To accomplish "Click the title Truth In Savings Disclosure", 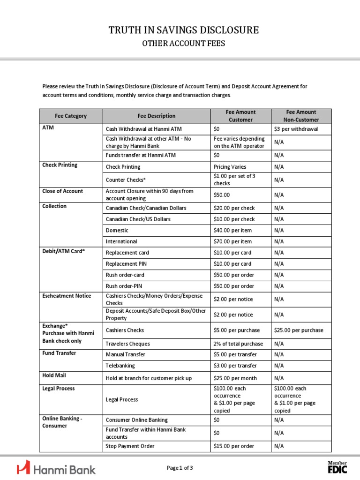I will (184, 30).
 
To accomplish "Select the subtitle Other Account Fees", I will (184, 44).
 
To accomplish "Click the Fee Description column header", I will (157, 116).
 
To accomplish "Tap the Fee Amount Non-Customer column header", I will (301, 116).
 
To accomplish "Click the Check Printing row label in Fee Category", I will (60, 165).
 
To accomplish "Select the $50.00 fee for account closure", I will (222, 195).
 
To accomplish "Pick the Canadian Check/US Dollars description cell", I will (138, 219).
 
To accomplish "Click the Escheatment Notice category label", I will (67, 296).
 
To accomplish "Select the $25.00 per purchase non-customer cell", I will (299, 330).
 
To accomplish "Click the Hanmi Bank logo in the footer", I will (56, 468).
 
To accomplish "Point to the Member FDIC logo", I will (337, 467).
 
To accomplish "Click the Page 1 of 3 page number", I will (180, 468).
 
